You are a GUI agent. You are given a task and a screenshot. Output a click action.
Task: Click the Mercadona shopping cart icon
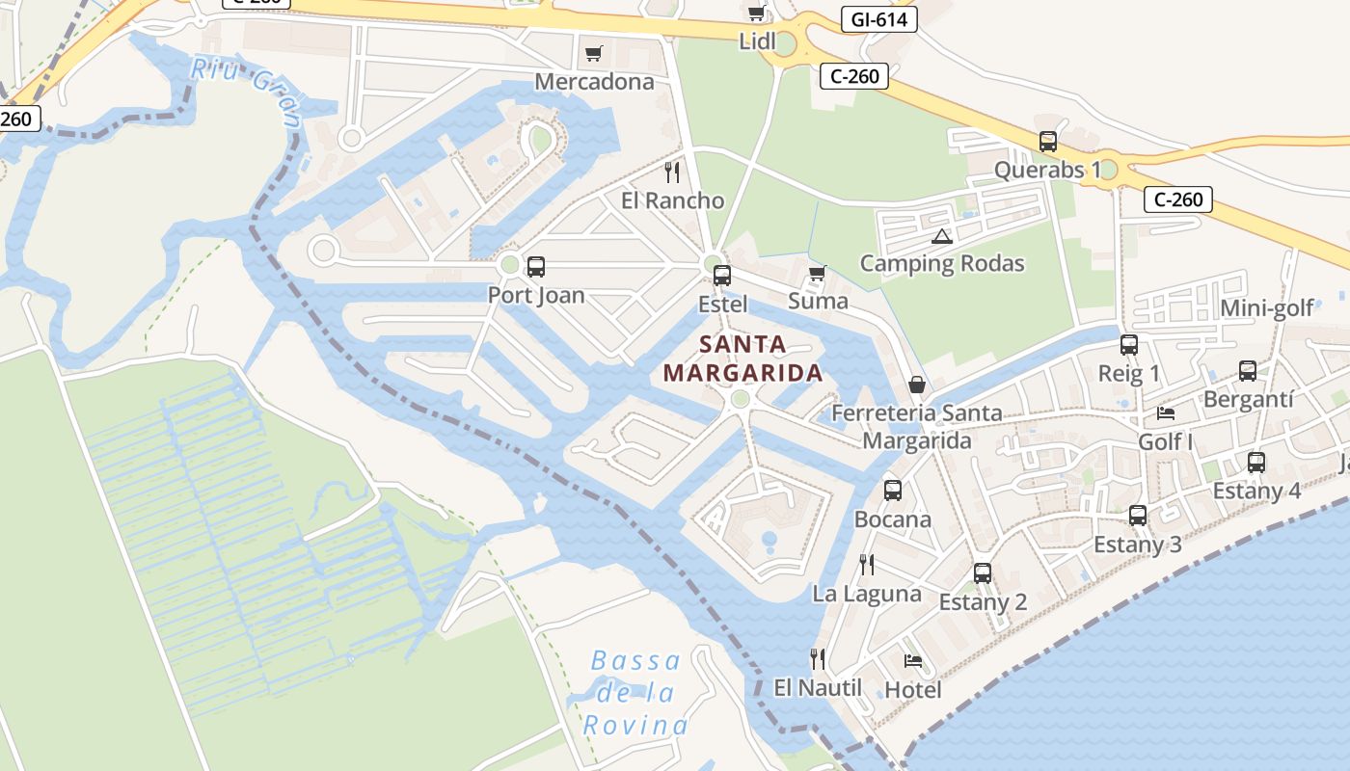[x=594, y=53]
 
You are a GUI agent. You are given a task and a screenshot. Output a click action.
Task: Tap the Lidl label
[x=757, y=41]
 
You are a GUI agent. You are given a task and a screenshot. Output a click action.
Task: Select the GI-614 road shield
[x=877, y=19]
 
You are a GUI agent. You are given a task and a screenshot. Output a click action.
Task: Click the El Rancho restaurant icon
[x=673, y=173]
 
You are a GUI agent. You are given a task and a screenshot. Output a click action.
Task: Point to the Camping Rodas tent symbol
[x=942, y=236]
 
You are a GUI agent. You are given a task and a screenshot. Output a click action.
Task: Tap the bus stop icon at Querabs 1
[x=1048, y=142]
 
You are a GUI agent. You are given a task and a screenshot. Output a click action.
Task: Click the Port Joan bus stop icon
[x=536, y=267]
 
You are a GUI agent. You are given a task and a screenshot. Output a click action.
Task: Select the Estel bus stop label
[x=722, y=304]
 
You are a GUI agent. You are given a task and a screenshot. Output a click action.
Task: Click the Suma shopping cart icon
[x=818, y=274]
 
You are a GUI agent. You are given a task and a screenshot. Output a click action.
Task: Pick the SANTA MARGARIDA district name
[x=742, y=359]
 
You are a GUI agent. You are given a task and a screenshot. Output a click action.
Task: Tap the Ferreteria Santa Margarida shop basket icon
[x=917, y=385]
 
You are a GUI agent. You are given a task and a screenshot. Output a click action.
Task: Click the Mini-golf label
[x=1267, y=308]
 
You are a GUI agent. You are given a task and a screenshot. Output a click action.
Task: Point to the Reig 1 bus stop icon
[x=1129, y=345]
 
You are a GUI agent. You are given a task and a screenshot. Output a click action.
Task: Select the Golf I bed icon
[x=1166, y=413]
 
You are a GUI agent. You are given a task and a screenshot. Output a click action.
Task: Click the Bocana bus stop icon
[x=893, y=491]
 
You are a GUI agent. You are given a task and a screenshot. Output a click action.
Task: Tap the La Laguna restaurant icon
[x=867, y=565]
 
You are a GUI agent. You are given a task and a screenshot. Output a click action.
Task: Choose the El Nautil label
[x=818, y=688]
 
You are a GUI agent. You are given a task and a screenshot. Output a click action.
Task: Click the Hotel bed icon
[x=913, y=661]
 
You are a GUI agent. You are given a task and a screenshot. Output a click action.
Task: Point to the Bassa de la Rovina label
[x=635, y=693]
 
